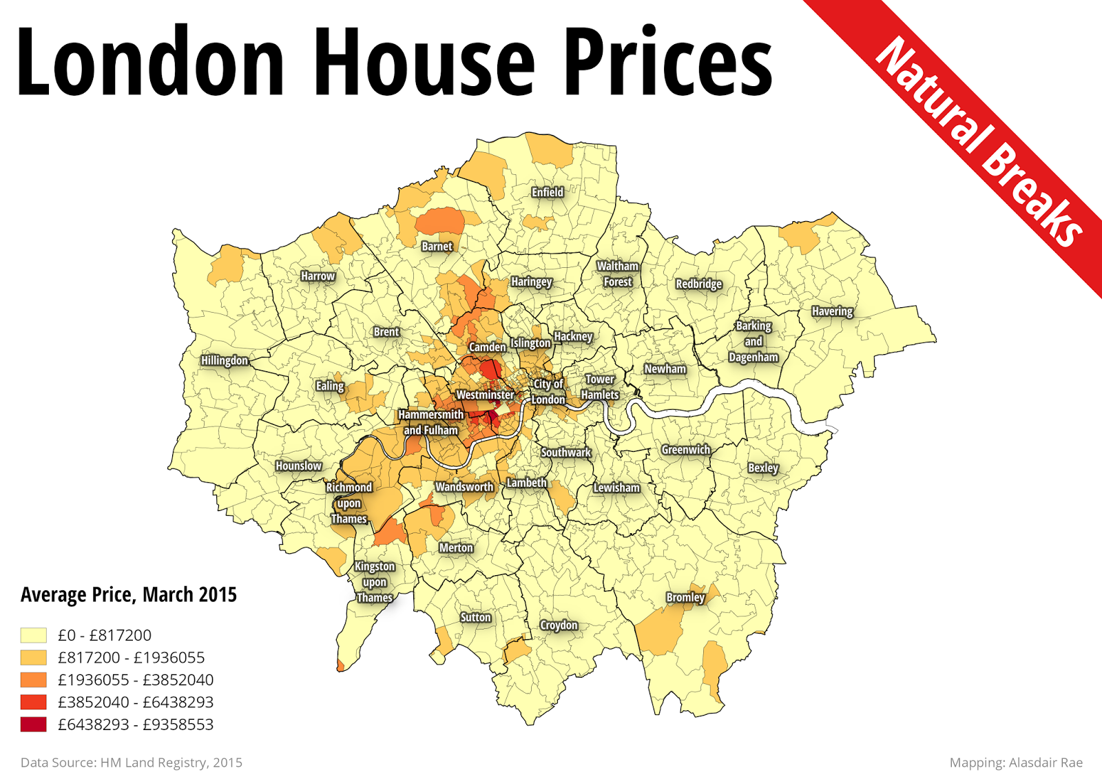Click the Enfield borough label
[x=548, y=192]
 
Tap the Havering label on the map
[x=832, y=311]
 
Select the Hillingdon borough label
[x=225, y=360]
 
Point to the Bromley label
[x=685, y=597]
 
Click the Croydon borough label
[x=559, y=625]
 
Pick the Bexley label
[x=763, y=468]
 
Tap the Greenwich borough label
[x=685, y=450]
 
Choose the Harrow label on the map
[x=318, y=276]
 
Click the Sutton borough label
[x=476, y=617]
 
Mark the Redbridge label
[x=698, y=284]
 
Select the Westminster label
[x=485, y=395]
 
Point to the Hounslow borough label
[x=299, y=466]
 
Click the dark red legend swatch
[x=34, y=724]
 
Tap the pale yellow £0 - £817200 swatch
[x=34, y=635]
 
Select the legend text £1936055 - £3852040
[x=136, y=680]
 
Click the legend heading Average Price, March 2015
[x=129, y=594]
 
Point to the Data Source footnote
[x=132, y=762]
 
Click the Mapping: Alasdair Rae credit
[x=1016, y=762]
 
